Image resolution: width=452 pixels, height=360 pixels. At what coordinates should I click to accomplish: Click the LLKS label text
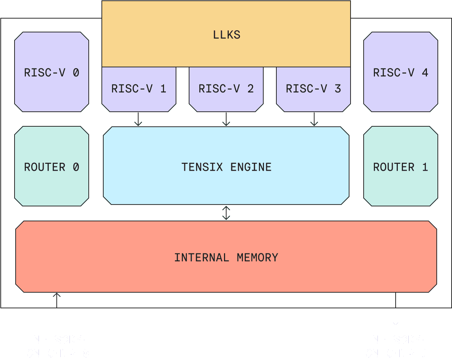pyautogui.click(x=227, y=35)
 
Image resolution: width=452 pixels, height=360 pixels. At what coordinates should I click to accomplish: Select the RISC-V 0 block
pyautogui.click(x=52, y=72)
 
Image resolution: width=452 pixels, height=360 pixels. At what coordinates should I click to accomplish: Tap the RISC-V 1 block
pyautogui.click(x=139, y=89)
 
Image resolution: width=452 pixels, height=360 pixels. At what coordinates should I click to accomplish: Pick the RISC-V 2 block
pyautogui.click(x=226, y=89)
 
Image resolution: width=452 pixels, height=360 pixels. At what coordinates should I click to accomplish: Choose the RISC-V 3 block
pyautogui.click(x=313, y=89)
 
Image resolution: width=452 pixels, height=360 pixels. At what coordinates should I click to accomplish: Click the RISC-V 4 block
pyautogui.click(x=401, y=72)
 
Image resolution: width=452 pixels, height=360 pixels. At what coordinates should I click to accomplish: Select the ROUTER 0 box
pyautogui.click(x=52, y=166)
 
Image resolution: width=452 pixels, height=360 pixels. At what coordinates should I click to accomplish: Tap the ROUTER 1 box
pyautogui.click(x=401, y=166)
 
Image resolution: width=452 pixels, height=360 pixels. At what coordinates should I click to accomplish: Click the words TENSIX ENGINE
pyautogui.click(x=227, y=167)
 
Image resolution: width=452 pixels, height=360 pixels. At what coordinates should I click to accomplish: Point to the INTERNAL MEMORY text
pyautogui.click(x=226, y=258)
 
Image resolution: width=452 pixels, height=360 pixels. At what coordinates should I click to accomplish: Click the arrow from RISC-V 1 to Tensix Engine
pyautogui.click(x=138, y=119)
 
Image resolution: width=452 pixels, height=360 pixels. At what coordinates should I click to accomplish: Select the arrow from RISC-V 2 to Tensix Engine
pyautogui.click(x=226, y=119)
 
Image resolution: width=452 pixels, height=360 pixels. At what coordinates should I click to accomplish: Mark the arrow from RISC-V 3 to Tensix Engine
pyautogui.click(x=314, y=119)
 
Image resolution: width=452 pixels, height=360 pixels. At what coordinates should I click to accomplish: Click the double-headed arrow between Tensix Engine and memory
pyautogui.click(x=226, y=213)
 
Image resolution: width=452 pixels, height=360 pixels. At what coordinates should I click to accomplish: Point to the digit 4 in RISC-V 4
pyautogui.click(x=425, y=73)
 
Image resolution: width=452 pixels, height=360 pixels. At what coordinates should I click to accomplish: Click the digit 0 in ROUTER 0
pyautogui.click(x=76, y=167)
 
